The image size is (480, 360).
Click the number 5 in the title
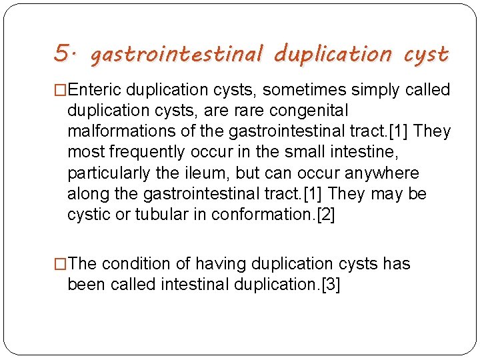(61, 52)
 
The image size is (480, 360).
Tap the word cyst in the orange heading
(427, 53)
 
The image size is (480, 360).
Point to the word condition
(139, 264)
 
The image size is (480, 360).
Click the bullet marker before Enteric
(61, 90)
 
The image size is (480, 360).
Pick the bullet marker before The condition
(61, 264)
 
